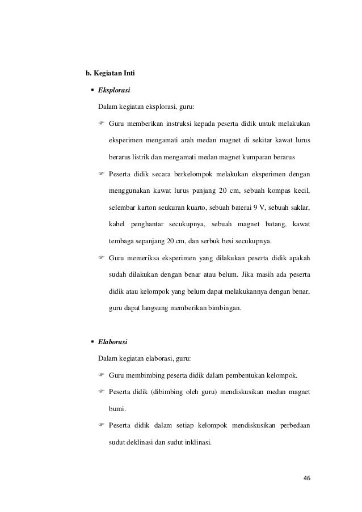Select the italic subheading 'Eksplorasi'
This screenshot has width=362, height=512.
[x=115, y=90]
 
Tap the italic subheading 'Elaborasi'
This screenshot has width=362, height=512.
[x=113, y=342]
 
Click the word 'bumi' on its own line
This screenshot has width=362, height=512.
[x=117, y=408]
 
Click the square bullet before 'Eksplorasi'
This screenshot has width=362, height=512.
[x=91, y=90]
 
